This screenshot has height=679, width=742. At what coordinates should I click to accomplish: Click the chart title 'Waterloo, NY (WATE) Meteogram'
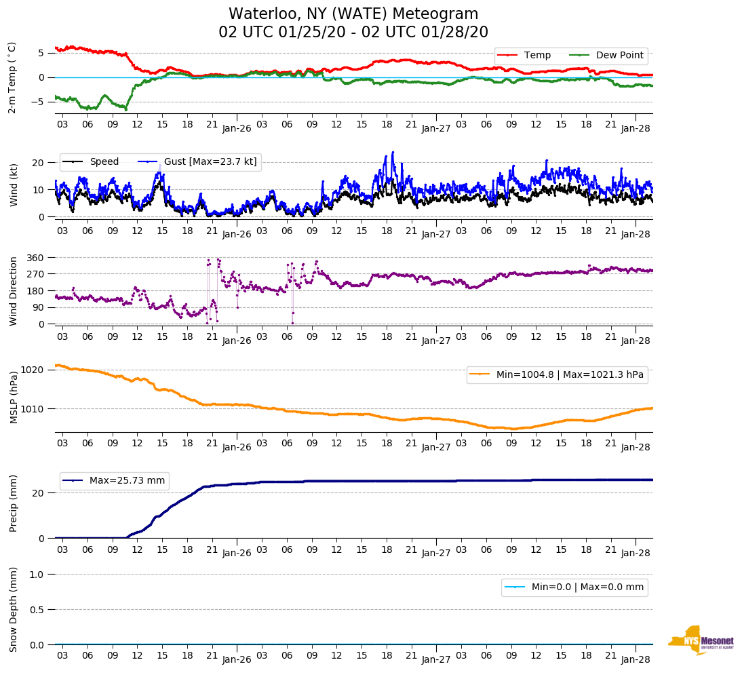[x=353, y=14]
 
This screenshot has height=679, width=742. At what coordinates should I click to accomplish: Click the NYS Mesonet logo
[x=701, y=640]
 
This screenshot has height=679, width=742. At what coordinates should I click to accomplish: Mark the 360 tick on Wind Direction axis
[x=36, y=258]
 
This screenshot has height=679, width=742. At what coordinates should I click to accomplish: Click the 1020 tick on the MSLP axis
[x=33, y=370]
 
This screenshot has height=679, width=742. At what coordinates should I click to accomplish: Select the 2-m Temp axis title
[x=12, y=77]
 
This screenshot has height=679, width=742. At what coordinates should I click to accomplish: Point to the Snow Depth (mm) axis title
[x=14, y=609]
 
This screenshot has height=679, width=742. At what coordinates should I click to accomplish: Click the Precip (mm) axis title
[x=14, y=503]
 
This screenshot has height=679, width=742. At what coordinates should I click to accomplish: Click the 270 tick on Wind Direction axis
[x=36, y=274]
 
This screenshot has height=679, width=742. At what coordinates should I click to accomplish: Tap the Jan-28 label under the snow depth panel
[x=636, y=659]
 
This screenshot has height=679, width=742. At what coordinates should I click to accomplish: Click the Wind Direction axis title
[x=14, y=290]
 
